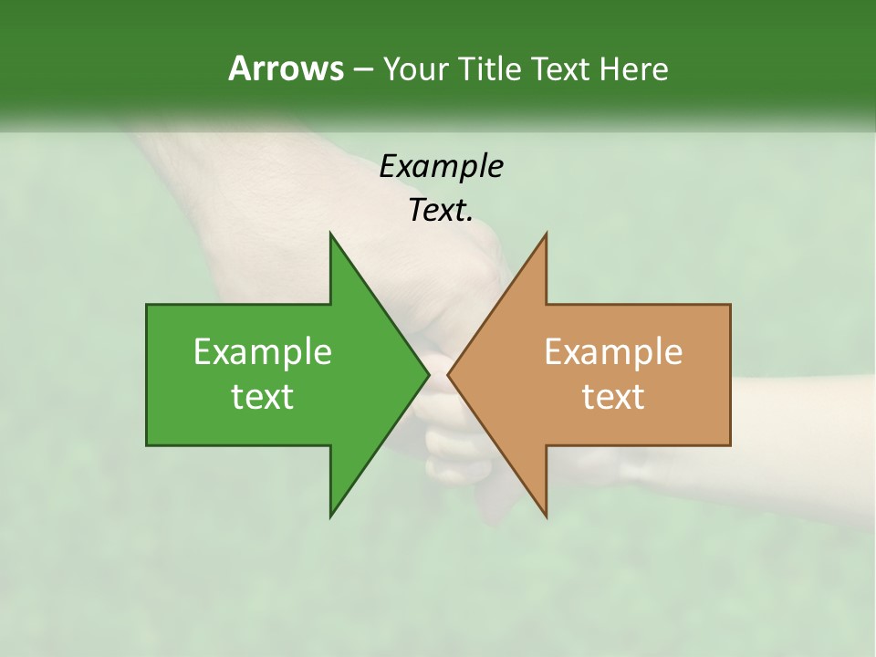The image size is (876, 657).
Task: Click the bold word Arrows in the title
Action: pos(286,68)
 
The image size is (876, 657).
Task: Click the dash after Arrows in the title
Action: pos(361,68)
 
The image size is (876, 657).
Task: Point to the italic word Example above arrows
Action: pos(441,167)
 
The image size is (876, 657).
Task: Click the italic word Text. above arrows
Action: pos(441,210)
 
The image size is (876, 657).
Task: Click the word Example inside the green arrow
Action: pos(262,351)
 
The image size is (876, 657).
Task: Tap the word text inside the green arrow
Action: pos(262,397)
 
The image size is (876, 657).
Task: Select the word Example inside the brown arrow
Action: pos(613,351)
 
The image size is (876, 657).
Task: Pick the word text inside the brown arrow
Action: pos(613,397)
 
